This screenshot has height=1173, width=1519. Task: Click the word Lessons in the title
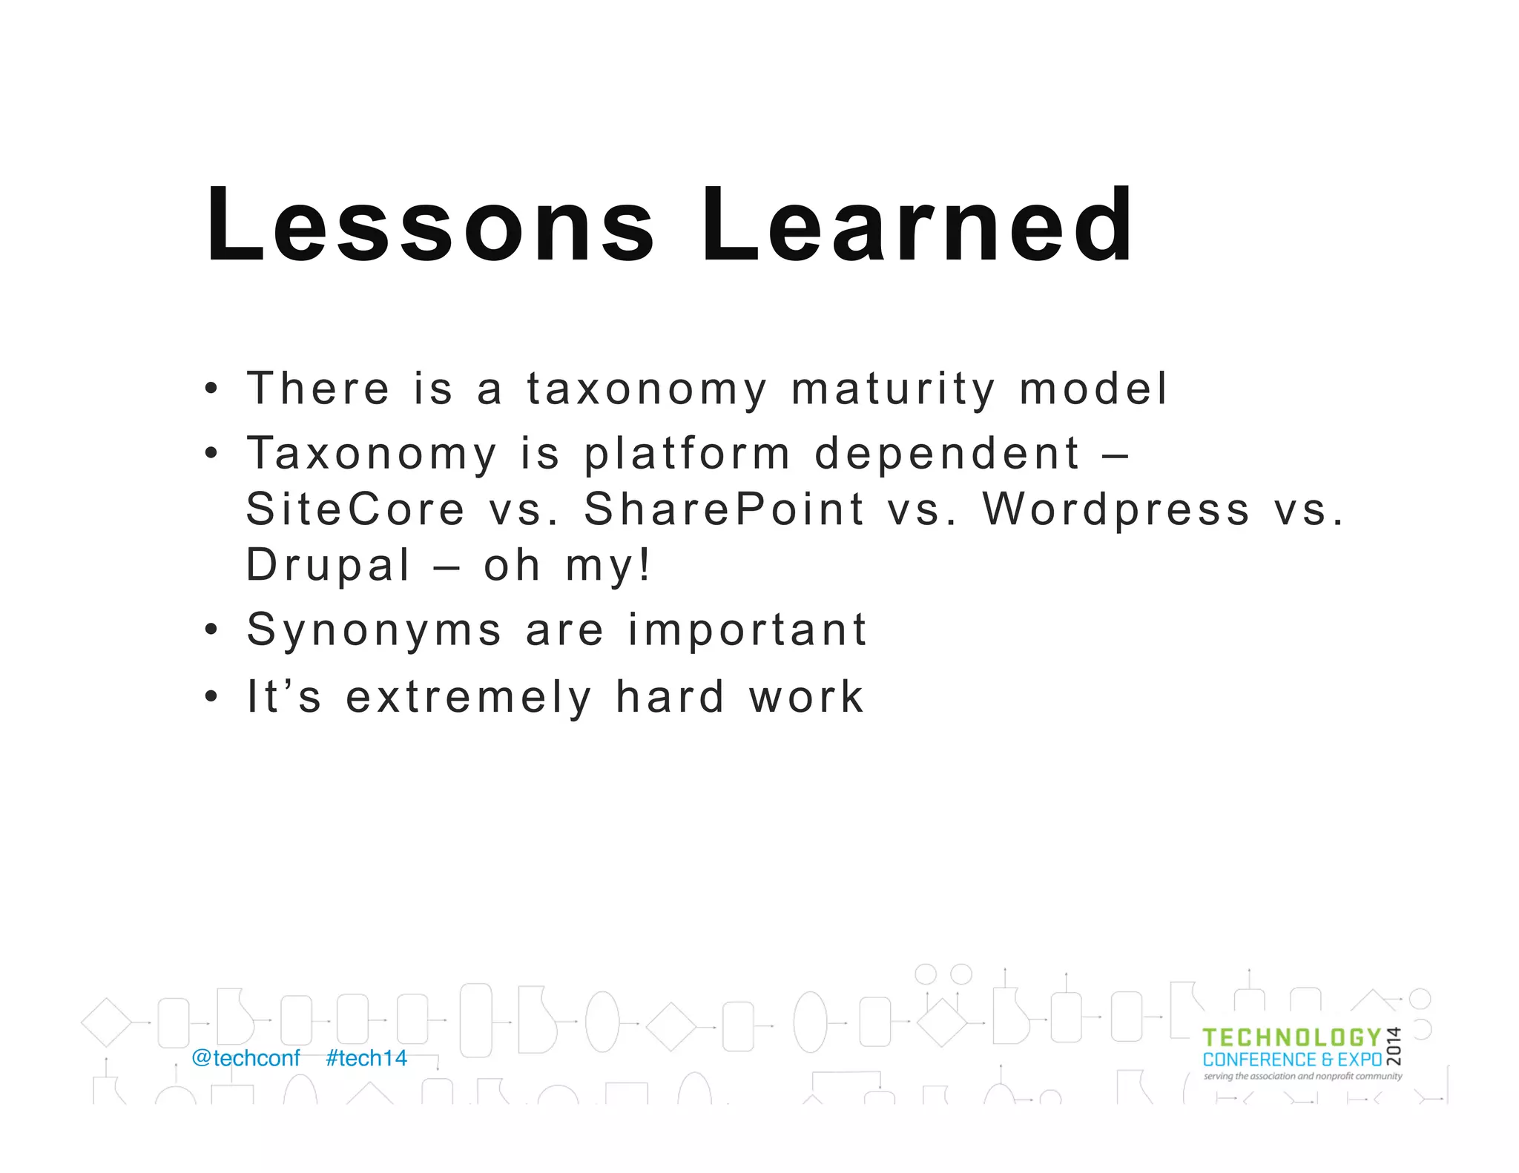(430, 226)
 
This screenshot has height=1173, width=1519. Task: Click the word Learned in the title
(917, 226)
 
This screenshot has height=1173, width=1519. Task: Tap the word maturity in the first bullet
(893, 389)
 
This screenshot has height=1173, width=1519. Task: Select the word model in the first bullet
(1093, 389)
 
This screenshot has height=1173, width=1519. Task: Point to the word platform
(687, 454)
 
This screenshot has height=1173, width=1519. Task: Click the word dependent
(947, 454)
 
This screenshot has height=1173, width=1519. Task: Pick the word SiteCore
(355, 509)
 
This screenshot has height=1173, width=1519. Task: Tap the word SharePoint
(724, 509)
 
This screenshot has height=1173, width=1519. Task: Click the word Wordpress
(1116, 509)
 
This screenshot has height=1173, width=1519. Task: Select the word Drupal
(328, 566)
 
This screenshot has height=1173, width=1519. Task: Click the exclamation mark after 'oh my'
(645, 565)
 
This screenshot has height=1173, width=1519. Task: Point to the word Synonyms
(375, 631)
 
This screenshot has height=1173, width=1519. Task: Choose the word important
(747, 631)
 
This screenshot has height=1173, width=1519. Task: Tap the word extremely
(469, 698)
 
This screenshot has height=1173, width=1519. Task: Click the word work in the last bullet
(806, 698)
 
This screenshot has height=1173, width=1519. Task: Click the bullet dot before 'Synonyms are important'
(211, 630)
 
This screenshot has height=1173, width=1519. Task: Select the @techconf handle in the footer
(246, 1058)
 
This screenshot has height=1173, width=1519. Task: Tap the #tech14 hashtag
(366, 1058)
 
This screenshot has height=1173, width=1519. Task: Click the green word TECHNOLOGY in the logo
(1291, 1038)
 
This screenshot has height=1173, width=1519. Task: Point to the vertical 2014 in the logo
(1394, 1046)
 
